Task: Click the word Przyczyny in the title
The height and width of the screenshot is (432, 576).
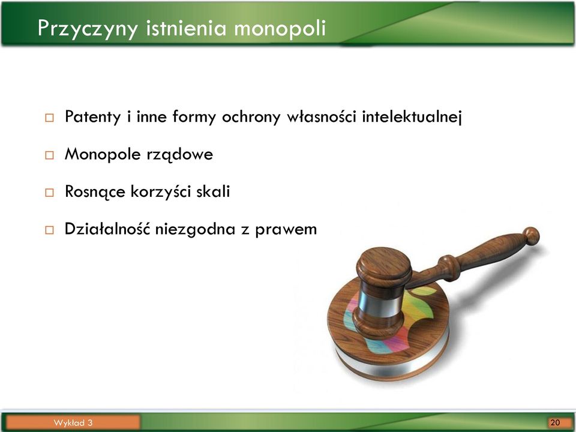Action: click(88, 28)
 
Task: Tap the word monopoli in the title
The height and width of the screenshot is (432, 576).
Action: click(280, 28)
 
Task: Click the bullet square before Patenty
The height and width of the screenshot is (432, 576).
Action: click(49, 118)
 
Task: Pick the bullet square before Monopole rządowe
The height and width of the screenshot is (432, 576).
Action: click(49, 155)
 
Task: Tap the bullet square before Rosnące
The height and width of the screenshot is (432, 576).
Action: click(49, 193)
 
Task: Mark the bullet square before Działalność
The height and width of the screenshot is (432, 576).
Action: click(49, 230)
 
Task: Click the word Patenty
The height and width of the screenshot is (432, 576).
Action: click(92, 117)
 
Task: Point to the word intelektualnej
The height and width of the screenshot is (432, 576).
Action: click(412, 117)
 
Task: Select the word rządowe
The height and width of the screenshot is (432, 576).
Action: click(179, 154)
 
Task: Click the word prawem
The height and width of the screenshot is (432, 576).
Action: click(286, 230)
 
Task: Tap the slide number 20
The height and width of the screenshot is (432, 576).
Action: click(555, 422)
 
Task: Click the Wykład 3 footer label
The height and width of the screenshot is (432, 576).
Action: click(73, 422)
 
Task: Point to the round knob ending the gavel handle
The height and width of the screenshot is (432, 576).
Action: click(531, 236)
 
